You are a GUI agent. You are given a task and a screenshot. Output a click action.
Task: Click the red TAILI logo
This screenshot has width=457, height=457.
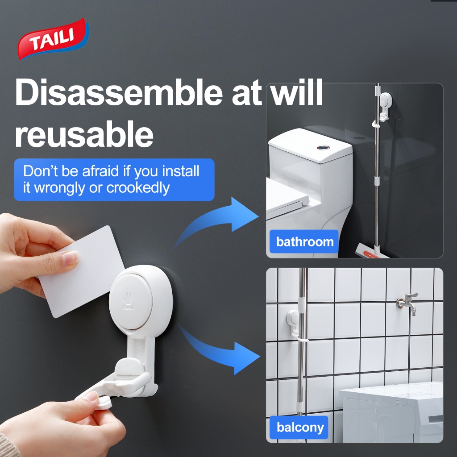(x=53, y=39)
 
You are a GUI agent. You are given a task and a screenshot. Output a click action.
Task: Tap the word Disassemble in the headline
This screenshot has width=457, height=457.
(x=119, y=93)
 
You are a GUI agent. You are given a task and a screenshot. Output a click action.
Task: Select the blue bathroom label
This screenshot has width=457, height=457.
(x=304, y=241)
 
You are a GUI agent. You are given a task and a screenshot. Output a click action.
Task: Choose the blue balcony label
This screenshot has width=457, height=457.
(x=299, y=428)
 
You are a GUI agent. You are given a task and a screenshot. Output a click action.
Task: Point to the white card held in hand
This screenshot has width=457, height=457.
(x=82, y=271)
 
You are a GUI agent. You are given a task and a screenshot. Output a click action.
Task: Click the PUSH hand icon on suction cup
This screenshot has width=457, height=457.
(x=128, y=300)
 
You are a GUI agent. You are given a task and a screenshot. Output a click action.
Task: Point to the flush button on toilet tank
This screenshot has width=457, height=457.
(x=323, y=148)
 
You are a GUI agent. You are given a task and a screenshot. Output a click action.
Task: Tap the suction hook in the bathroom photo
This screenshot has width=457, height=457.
(x=385, y=106)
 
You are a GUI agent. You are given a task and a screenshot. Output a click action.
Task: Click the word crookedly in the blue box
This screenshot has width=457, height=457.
(x=138, y=188)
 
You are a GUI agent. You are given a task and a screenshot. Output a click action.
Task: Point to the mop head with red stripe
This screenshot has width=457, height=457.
(x=372, y=251)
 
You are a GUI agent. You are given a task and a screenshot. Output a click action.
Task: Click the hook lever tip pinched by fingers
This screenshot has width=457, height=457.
(x=104, y=403)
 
